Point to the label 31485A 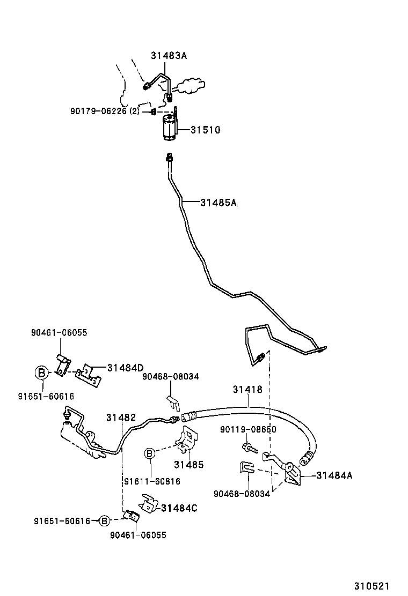(218, 202)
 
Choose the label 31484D (125, 368)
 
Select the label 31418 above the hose (247, 389)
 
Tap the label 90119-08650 (248, 429)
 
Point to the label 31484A (334, 475)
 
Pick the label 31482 (121, 417)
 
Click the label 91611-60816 (152, 481)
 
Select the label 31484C (179, 508)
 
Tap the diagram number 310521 (371, 586)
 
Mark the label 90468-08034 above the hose (171, 376)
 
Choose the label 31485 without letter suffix (188, 464)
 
